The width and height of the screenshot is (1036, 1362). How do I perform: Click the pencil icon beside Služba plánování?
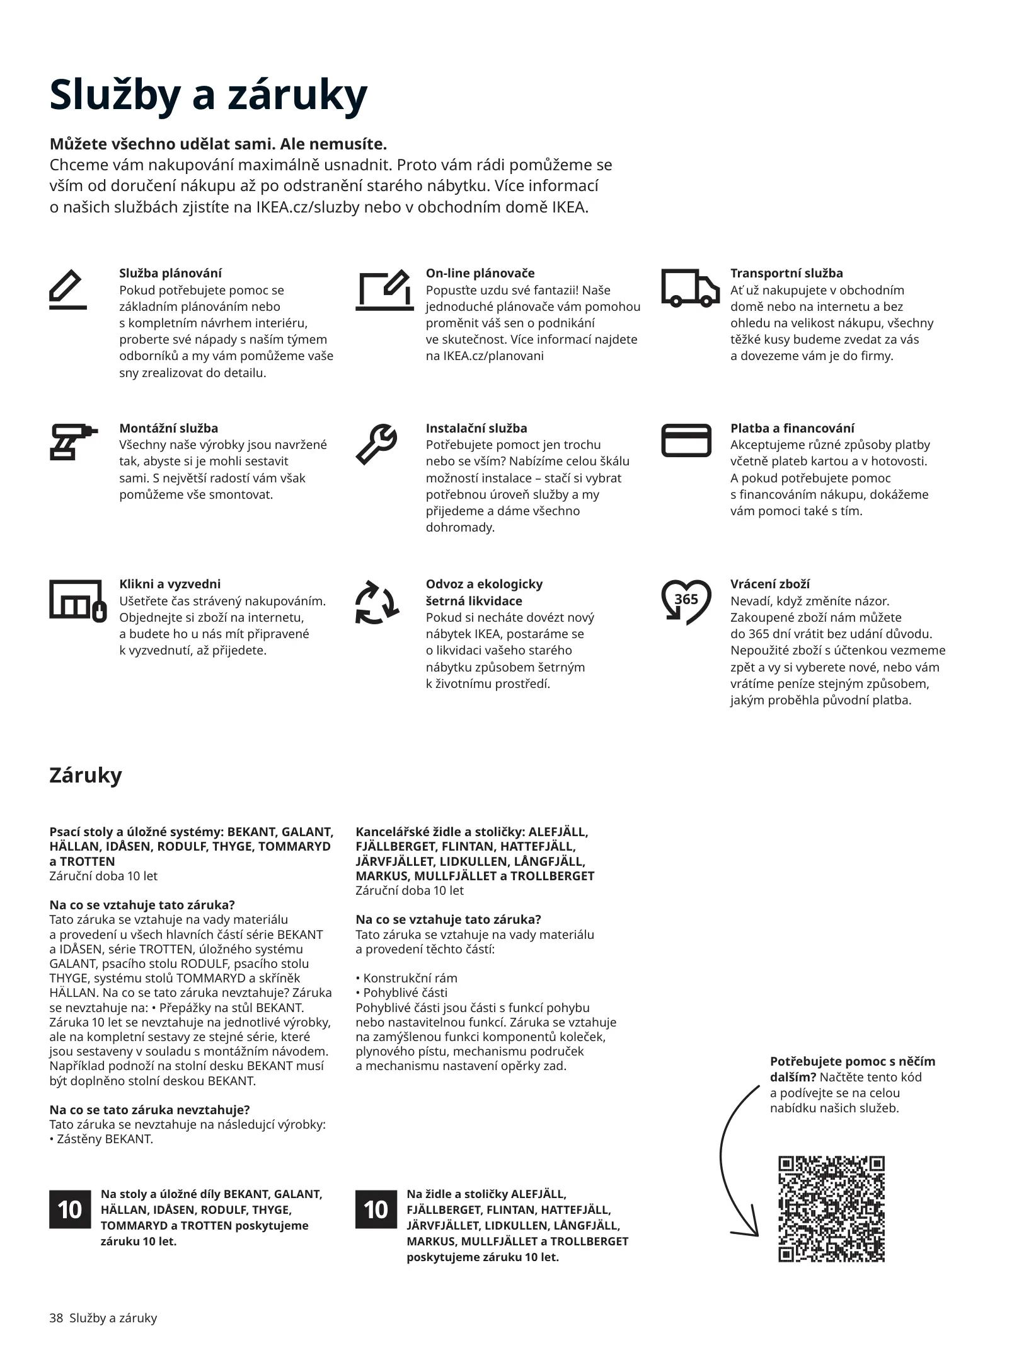pos(67,289)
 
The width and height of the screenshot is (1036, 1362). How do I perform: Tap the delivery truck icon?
pos(689,288)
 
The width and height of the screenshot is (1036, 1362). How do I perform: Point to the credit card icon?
pos(686,440)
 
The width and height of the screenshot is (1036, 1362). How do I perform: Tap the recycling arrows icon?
pos(376,602)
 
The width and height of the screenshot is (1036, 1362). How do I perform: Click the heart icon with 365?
pos(686,601)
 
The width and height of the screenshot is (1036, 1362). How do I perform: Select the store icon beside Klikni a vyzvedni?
pos(78,600)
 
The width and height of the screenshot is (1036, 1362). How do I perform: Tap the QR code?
pos(831,1209)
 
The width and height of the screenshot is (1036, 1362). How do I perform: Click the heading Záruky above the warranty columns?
pos(86,775)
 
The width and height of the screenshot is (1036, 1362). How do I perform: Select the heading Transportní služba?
pos(786,273)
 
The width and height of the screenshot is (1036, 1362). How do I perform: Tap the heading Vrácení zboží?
pos(769,584)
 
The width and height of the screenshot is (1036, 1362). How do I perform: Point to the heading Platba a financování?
pos(792,428)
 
